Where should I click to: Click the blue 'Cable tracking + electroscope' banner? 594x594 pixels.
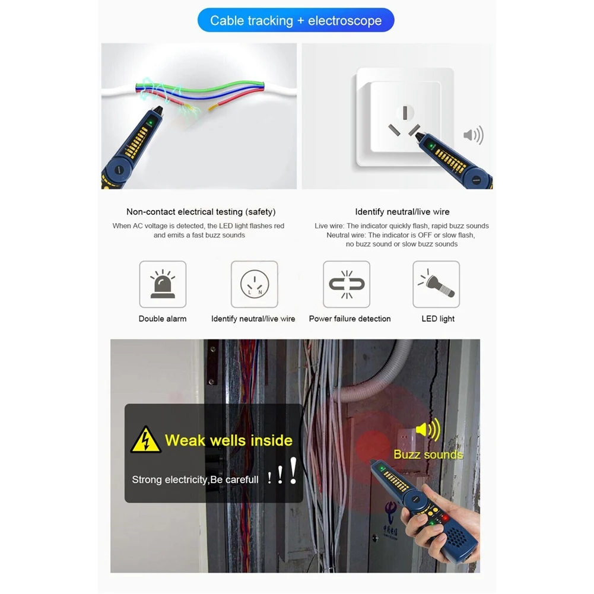(x=296, y=21)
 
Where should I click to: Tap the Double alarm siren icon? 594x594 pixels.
(x=163, y=284)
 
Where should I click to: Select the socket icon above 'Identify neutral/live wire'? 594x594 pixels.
(x=254, y=284)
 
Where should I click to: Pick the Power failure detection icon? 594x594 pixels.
(x=347, y=284)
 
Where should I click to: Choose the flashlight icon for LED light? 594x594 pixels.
(x=436, y=284)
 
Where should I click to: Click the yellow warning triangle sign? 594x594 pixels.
(x=145, y=440)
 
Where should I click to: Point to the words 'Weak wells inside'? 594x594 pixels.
(x=228, y=440)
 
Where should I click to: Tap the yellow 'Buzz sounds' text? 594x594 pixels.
(x=428, y=455)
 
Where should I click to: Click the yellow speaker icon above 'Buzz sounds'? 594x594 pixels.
(x=428, y=430)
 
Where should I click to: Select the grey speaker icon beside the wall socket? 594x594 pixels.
(x=473, y=135)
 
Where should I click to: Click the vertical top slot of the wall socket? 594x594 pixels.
(x=405, y=112)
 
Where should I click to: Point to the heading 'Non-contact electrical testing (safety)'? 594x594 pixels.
(x=201, y=212)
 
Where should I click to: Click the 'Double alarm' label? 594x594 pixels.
(x=163, y=319)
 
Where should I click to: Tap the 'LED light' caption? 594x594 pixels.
(x=438, y=319)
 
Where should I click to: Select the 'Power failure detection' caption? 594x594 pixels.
(x=350, y=319)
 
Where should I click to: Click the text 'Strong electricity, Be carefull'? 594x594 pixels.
(x=195, y=479)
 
